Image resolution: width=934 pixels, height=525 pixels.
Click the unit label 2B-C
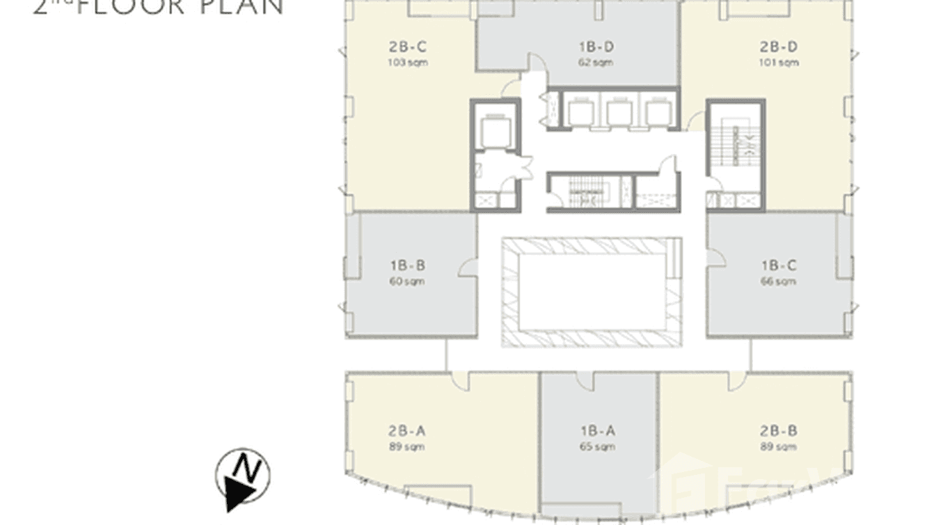408,47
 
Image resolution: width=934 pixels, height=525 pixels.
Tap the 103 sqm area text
408,63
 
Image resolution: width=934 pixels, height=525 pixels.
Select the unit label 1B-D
596,47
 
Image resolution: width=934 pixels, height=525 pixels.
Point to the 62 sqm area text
596,63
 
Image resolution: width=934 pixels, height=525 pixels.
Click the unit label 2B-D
779,47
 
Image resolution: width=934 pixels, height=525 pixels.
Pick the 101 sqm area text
779,63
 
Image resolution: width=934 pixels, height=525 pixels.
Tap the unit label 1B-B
408,265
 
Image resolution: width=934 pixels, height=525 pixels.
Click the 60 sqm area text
408,281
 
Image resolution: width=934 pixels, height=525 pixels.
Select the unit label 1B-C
779,265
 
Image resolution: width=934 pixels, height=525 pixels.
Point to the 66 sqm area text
779,281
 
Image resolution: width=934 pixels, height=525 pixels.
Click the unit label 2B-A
408,431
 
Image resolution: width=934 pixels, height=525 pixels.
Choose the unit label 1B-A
596,431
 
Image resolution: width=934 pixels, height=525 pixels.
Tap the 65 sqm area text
596,447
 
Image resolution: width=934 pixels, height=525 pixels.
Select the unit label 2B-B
779,431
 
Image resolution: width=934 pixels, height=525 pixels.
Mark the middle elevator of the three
617,113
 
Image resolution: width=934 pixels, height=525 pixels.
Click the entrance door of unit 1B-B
470,267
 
